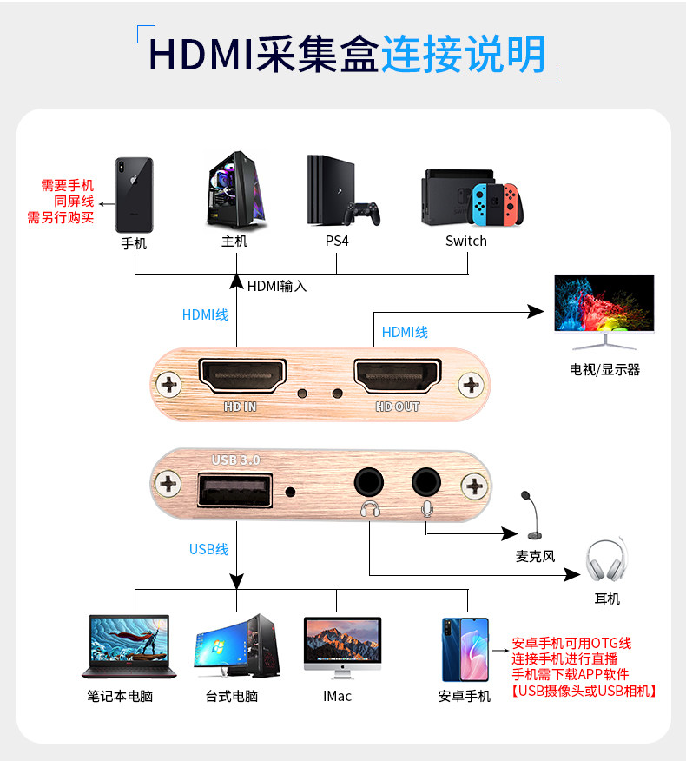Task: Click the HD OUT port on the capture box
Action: point(397,374)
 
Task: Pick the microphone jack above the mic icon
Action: point(426,480)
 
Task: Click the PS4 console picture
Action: point(341,191)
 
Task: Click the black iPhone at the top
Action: point(134,195)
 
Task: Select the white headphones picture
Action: point(605,561)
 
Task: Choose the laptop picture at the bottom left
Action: point(129,646)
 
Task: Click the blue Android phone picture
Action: point(465,649)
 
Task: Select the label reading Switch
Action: point(466,241)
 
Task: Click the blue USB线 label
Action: point(208,549)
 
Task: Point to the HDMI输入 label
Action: point(277,285)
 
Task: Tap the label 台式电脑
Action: point(232,696)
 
